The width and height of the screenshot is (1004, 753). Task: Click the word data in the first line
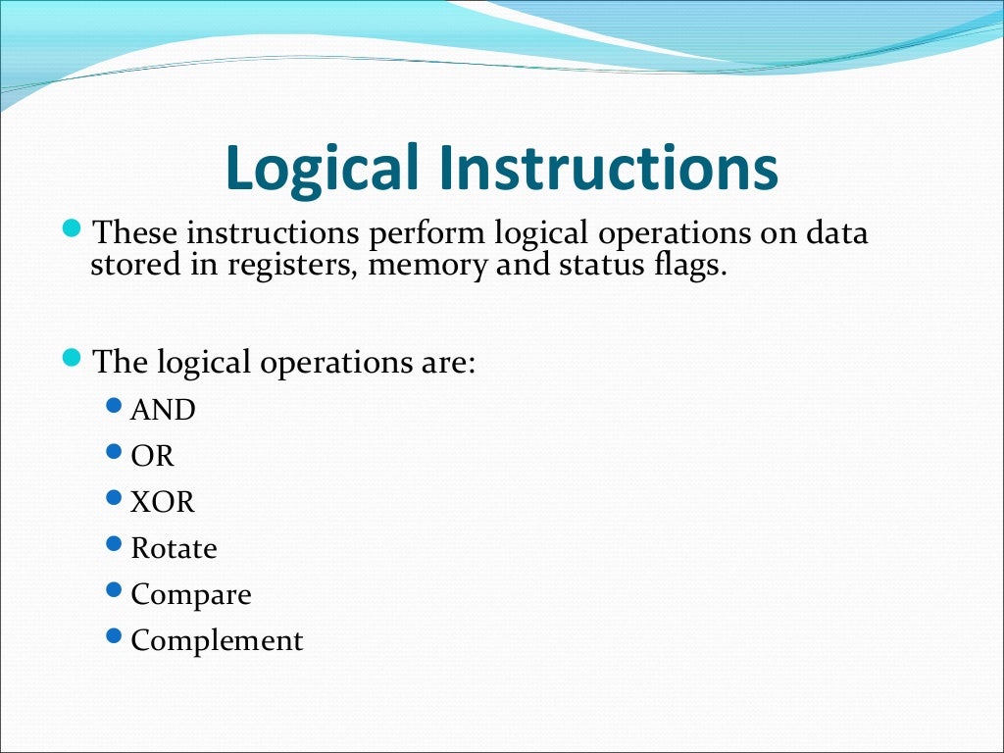coord(835,234)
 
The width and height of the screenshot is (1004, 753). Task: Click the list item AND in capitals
coord(163,410)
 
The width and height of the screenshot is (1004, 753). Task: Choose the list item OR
coord(152,456)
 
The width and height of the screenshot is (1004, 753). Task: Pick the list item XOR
coord(163,502)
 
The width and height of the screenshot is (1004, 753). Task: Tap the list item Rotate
coord(174,548)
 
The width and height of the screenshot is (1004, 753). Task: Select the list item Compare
coord(191,595)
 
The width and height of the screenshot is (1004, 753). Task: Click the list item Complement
coord(217,641)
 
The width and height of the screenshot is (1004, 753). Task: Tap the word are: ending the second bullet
coord(446,362)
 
